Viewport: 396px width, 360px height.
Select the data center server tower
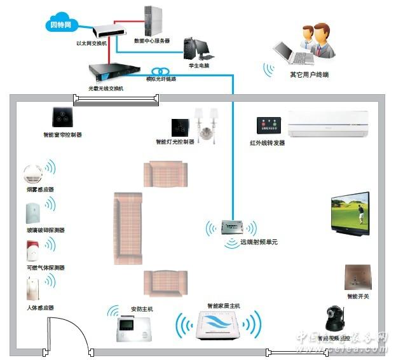[152, 21]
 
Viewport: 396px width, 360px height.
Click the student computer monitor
[201, 48]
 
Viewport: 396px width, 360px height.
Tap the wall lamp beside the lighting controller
[207, 123]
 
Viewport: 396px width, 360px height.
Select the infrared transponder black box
[267, 125]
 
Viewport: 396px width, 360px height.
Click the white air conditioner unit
[328, 123]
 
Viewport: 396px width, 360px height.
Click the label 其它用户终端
[310, 74]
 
